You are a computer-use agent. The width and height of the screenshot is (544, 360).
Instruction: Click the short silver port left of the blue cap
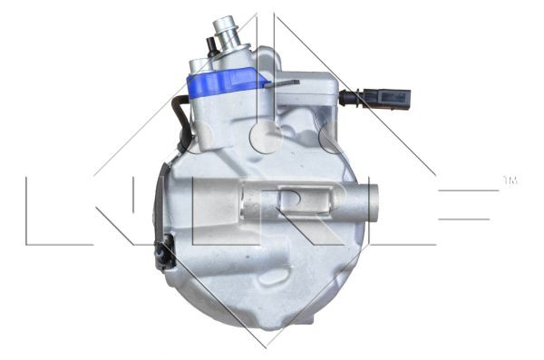[x=201, y=66]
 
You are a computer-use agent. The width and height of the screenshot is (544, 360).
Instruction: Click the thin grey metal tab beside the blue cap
[x=285, y=83]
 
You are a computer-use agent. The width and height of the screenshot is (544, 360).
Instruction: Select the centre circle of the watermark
[x=267, y=136]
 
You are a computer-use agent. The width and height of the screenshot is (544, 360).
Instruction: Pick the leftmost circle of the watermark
[x=207, y=136]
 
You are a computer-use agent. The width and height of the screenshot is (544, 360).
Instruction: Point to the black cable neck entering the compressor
[x=347, y=97]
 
